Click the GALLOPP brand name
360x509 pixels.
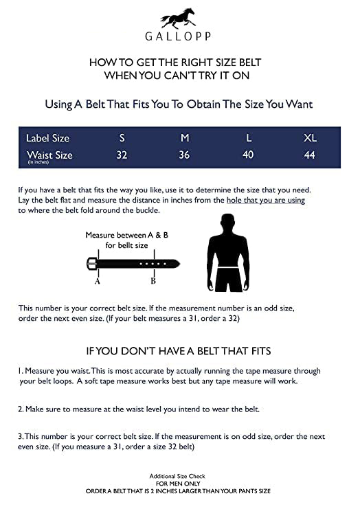pyautogui.click(x=178, y=36)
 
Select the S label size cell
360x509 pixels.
pyautogui.click(x=122, y=138)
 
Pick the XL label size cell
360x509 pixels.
pyautogui.click(x=310, y=138)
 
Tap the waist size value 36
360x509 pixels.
pyautogui.click(x=184, y=155)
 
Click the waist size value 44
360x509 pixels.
pyautogui.click(x=309, y=155)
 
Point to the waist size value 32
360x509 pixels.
pyautogui.click(x=122, y=155)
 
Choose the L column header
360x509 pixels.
pyautogui.click(x=249, y=138)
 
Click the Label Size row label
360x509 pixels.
pyautogui.click(x=47, y=138)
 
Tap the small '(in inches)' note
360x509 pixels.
pyautogui.click(x=38, y=162)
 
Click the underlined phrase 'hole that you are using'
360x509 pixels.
pyautogui.click(x=266, y=200)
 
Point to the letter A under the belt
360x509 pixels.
pyautogui.click(x=98, y=282)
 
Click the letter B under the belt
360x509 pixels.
pyautogui.click(x=153, y=281)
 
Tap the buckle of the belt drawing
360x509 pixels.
pyautogui.click(x=91, y=264)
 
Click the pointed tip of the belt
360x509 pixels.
pyautogui.click(x=179, y=263)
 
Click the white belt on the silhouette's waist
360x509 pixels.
pyautogui.click(x=229, y=267)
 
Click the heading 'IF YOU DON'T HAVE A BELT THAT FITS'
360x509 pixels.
pyautogui.click(x=179, y=351)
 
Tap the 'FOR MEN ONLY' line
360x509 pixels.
pyautogui.click(x=178, y=484)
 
